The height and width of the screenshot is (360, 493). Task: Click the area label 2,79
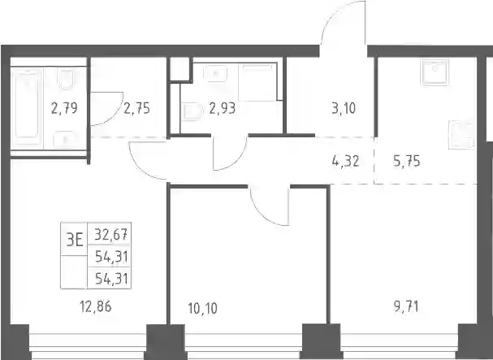64,109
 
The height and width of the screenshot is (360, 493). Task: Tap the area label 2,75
136,109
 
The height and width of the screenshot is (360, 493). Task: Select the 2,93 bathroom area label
223,109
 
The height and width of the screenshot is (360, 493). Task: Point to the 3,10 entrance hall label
344,109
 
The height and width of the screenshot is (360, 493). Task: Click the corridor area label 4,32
345,162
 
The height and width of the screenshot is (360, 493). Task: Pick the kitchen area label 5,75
407,162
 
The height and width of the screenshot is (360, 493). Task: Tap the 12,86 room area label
96,306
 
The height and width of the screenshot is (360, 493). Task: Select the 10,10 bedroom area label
203,308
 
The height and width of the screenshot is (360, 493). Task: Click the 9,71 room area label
406,306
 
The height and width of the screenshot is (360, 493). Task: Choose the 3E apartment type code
75,241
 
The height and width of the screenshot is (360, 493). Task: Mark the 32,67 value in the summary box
111,234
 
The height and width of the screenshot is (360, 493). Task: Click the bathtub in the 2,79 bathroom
27,108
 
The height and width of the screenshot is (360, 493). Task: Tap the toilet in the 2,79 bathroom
66,79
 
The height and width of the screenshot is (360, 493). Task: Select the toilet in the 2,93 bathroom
192,112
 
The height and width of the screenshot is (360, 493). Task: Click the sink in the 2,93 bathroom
215,74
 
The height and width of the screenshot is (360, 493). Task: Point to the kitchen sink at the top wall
435,72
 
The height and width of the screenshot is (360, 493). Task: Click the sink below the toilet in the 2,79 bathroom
64,140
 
